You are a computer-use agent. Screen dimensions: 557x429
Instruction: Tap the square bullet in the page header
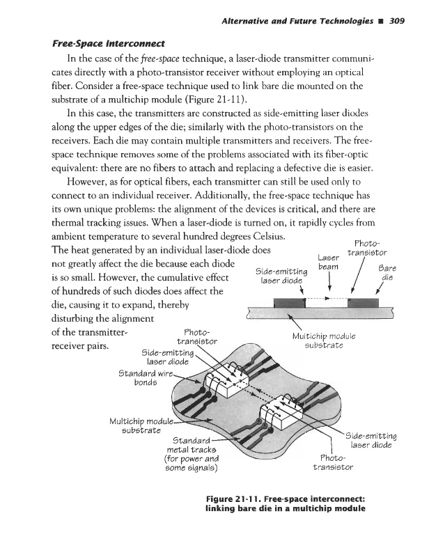coord(383,20)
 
